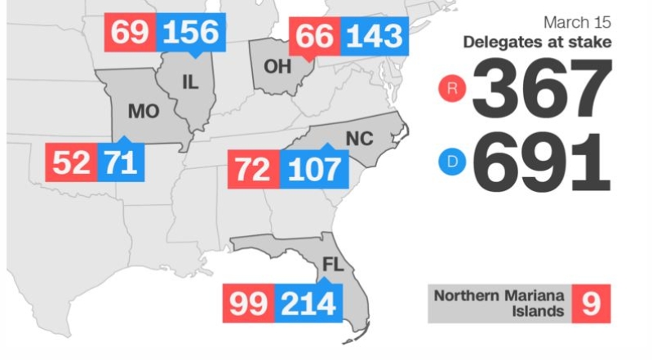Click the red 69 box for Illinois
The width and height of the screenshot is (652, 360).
[130, 33]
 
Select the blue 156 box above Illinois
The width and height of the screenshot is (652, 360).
[191, 33]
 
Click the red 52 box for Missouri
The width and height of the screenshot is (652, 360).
[71, 162]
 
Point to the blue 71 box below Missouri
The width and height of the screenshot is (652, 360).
[121, 162]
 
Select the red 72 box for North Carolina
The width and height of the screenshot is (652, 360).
[254, 169]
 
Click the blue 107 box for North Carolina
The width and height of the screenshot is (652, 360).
[313, 169]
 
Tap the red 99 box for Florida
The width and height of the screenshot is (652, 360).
[248, 304]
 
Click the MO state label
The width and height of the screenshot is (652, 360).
[144, 109]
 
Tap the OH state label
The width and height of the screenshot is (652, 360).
[277, 66]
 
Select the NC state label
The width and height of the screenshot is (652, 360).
[358, 139]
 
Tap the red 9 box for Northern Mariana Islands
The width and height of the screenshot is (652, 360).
[591, 304]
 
